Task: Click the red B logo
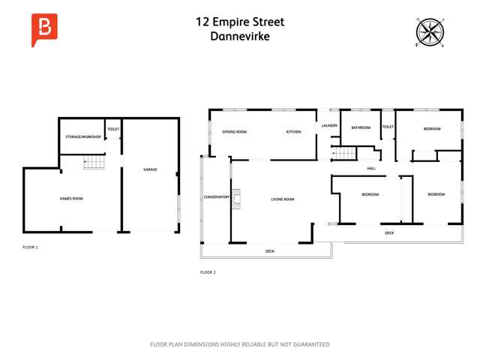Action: (43, 29)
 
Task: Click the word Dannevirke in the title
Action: (239, 35)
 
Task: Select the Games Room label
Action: (71, 199)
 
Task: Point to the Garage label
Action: (150, 169)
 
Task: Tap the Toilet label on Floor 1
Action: (113, 129)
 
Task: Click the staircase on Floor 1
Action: (94, 161)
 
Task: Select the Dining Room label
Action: (234, 132)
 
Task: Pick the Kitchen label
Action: (293, 132)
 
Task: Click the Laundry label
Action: (330, 125)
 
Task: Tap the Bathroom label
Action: (361, 127)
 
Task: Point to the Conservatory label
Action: (217, 197)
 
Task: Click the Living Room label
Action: (282, 199)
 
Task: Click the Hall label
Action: (371, 169)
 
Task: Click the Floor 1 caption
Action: (30, 247)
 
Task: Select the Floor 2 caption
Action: (208, 272)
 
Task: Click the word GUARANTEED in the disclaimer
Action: (309, 344)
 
